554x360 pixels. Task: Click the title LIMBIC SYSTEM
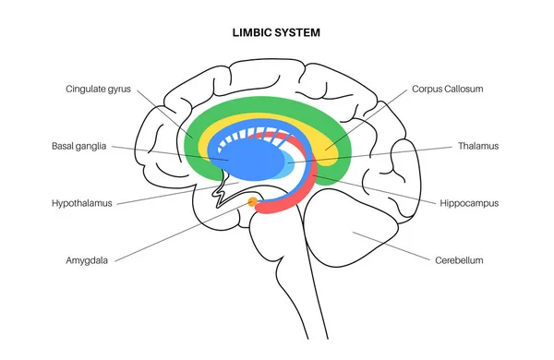point(276,32)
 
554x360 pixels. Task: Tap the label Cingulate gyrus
point(99,90)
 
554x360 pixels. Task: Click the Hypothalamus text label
point(82,203)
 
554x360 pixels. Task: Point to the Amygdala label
point(87,260)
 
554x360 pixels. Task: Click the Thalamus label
point(478,146)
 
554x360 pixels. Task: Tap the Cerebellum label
point(459,260)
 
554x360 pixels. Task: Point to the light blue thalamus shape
point(294,167)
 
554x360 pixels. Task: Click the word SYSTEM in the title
point(300,32)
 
